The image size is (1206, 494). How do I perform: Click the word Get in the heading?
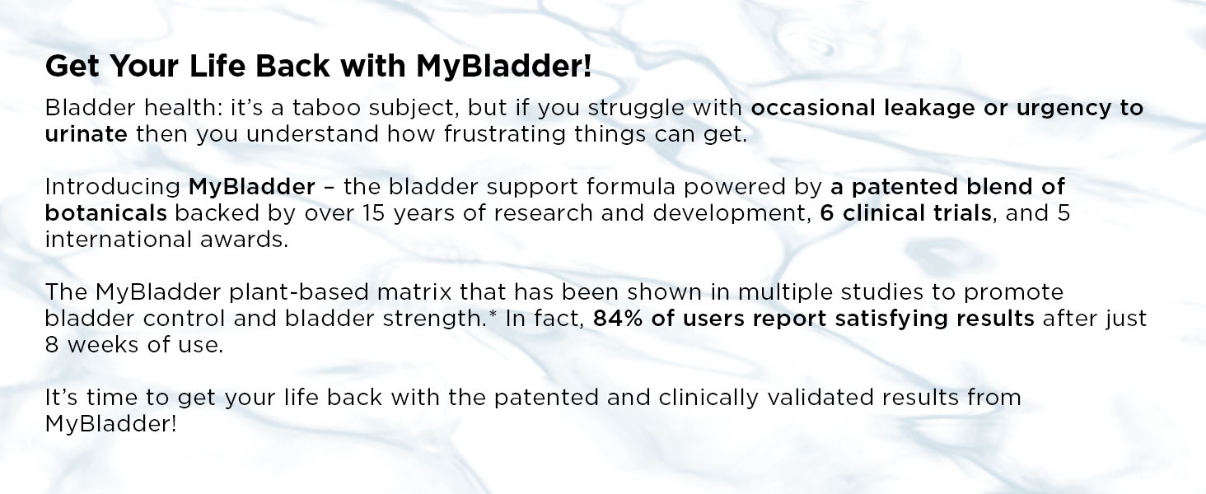click(72, 66)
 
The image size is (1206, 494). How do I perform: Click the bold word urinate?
click(86, 134)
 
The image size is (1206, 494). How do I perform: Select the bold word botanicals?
click(106, 213)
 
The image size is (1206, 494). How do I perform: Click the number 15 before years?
click(374, 213)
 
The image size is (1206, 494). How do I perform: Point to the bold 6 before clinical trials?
click(828, 213)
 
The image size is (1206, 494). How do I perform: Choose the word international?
click(119, 240)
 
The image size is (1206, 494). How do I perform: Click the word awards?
click(245, 240)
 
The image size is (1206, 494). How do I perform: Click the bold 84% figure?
click(618, 319)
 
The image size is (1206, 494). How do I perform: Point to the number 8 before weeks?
click(52, 345)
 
